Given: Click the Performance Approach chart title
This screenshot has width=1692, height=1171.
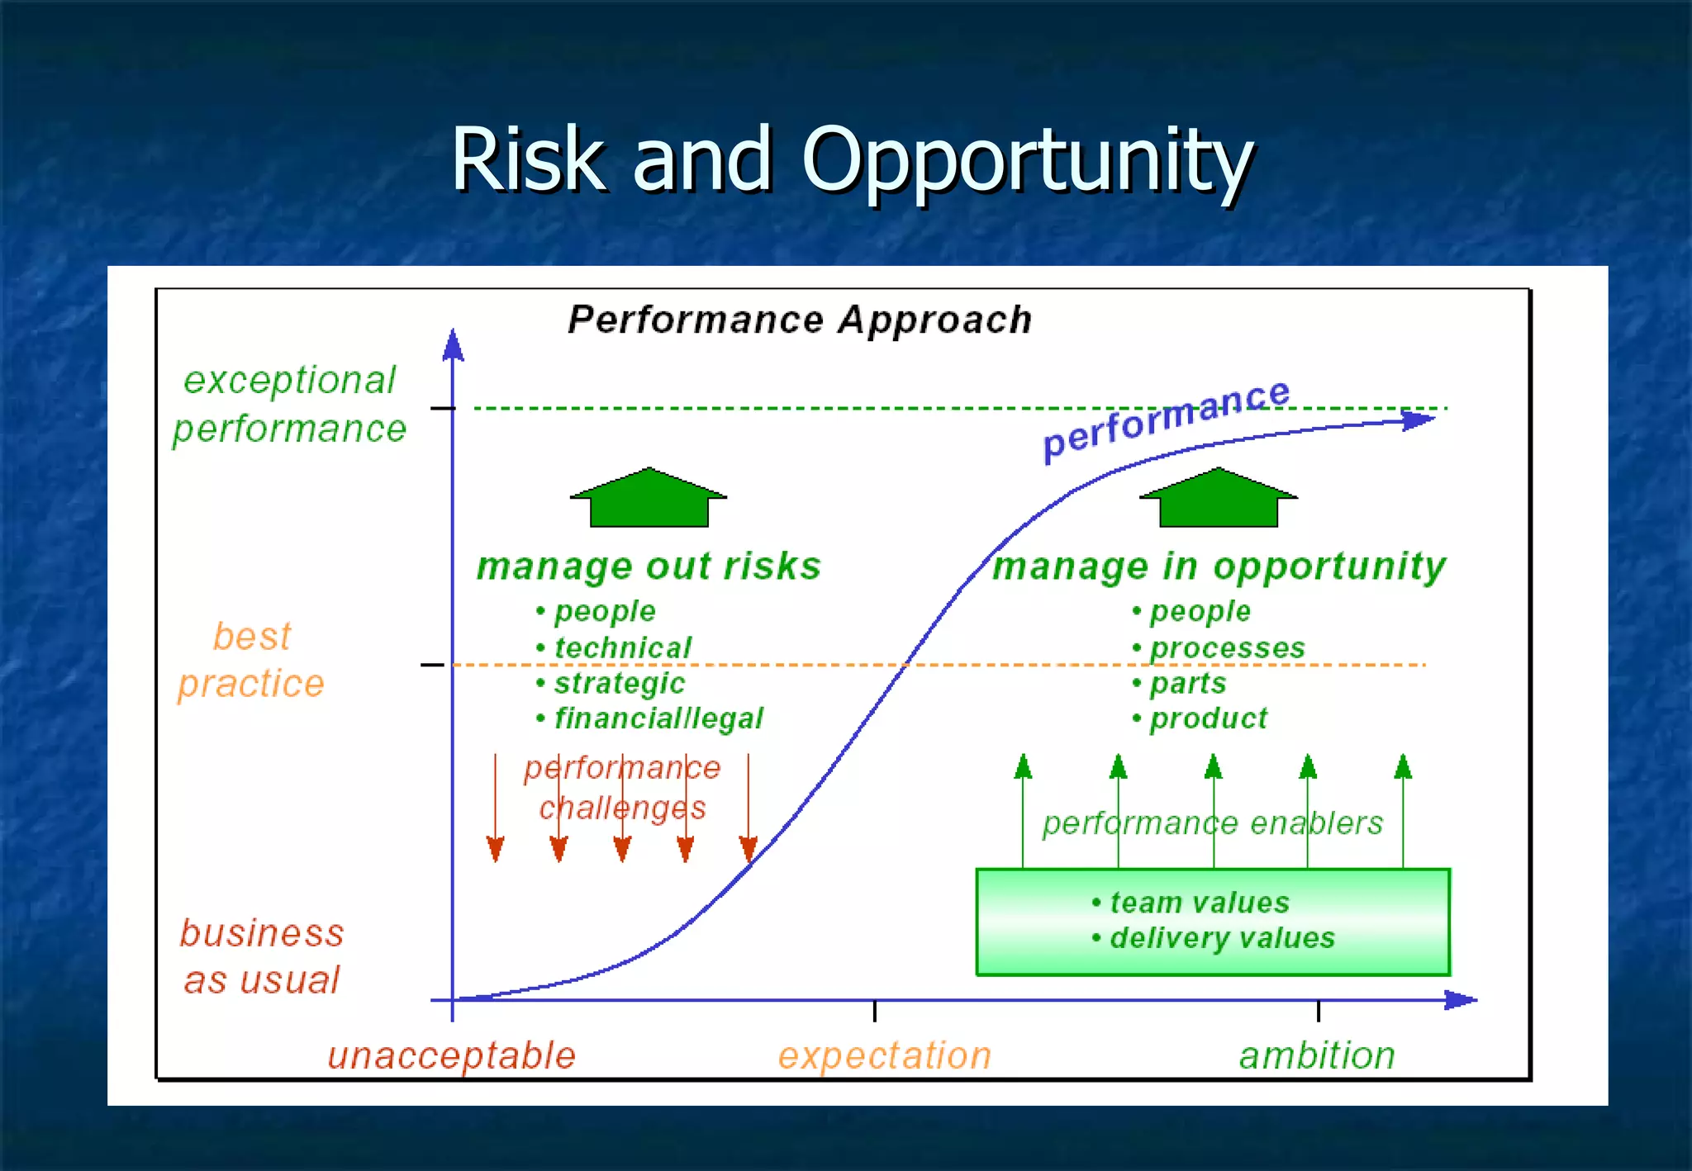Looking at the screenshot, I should tap(800, 320).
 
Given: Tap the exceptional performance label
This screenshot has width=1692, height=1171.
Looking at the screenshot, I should tap(289, 404).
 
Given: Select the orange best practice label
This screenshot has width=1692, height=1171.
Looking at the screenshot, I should tap(251, 660).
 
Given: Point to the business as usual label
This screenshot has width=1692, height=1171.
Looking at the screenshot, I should tap(262, 956).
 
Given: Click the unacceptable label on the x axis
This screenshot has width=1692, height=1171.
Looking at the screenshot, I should tap(451, 1056).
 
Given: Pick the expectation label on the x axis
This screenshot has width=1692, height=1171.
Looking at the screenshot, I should tap(884, 1056).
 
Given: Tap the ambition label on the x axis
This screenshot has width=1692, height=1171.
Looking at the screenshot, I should tap(1317, 1056).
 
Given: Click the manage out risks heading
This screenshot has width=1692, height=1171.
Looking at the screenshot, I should tap(649, 567).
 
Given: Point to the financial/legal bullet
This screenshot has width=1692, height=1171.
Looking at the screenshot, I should tap(658, 718).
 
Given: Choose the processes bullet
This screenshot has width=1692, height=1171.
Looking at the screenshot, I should tap(1227, 648).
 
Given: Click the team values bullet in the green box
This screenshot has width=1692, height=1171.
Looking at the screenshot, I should tap(1199, 903).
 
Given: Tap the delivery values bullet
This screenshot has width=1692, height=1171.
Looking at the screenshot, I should tap(1221, 938).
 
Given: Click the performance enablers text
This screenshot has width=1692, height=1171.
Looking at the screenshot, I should tap(1212, 823).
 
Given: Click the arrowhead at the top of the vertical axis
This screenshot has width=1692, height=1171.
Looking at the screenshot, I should tap(453, 345).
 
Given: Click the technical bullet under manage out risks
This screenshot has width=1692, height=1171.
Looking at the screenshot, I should tap(622, 648).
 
